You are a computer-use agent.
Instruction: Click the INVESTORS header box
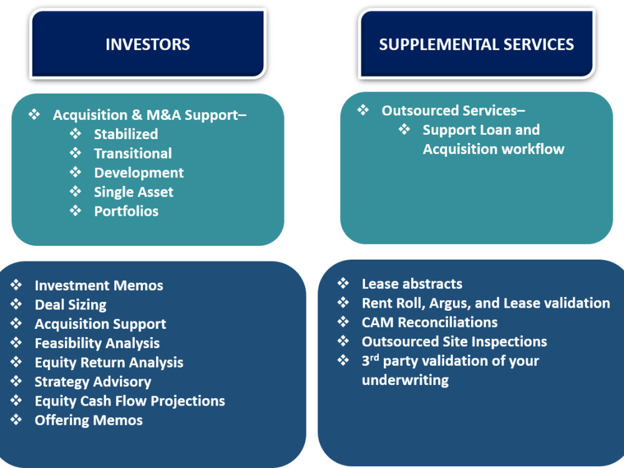pyautogui.click(x=148, y=44)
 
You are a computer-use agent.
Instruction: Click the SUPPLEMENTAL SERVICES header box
pyautogui.click(x=476, y=44)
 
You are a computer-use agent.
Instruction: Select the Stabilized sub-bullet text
pyautogui.click(x=125, y=134)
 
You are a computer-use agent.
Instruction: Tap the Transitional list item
pyautogui.click(x=132, y=154)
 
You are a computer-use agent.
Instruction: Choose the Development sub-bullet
pyautogui.click(x=139, y=173)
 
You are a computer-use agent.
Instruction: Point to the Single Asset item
pyautogui.click(x=134, y=192)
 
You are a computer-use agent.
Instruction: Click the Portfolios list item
pyautogui.click(x=126, y=212)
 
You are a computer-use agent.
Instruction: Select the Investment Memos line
pyautogui.click(x=99, y=286)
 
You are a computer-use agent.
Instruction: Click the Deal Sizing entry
pyautogui.click(x=71, y=305)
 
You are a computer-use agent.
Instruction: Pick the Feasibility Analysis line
pyautogui.click(x=97, y=343)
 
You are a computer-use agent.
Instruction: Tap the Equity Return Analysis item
pyautogui.click(x=109, y=363)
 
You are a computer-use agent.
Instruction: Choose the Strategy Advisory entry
pyautogui.click(x=92, y=382)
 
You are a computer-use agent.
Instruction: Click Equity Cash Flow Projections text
pyautogui.click(x=129, y=401)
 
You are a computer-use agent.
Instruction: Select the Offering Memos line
pyautogui.click(x=88, y=421)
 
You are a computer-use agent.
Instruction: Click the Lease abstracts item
pyautogui.click(x=412, y=284)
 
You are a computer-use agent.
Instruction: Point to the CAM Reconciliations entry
pyautogui.click(x=429, y=323)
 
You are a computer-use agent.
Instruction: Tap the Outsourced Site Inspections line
pyautogui.click(x=454, y=342)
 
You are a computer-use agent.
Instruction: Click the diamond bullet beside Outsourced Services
pyautogui.click(x=363, y=110)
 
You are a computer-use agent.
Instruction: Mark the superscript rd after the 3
pyautogui.click(x=374, y=358)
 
